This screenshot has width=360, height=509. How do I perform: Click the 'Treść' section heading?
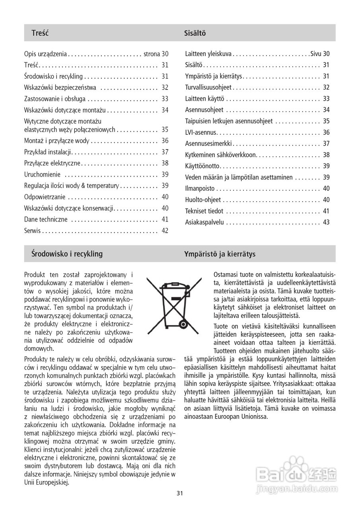pyautogui.click(x=40, y=33)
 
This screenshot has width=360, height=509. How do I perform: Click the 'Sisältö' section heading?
pyautogui.click(x=195, y=33)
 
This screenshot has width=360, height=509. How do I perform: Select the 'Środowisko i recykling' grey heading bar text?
pyautogui.click(x=67, y=254)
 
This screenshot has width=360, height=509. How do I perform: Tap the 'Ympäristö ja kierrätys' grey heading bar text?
pyautogui.click(x=220, y=254)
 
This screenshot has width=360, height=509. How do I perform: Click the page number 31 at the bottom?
pyautogui.click(x=180, y=493)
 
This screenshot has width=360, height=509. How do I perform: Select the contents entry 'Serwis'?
pyautogui.click(x=33, y=231)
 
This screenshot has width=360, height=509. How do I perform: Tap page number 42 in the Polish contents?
pyautogui.click(x=165, y=231)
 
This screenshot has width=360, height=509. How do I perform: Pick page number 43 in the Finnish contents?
pyautogui.click(x=326, y=222)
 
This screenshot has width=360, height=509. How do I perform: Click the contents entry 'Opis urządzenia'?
pyautogui.click(x=45, y=54)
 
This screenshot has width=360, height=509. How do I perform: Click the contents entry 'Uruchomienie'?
pyautogui.click(x=43, y=174)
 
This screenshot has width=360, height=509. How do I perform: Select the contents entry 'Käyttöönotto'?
pyautogui.click(x=202, y=166)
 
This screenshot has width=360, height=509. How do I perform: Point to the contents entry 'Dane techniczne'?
pyautogui.click(x=46, y=220)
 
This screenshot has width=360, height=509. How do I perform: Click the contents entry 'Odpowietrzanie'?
pyautogui.click(x=45, y=197)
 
